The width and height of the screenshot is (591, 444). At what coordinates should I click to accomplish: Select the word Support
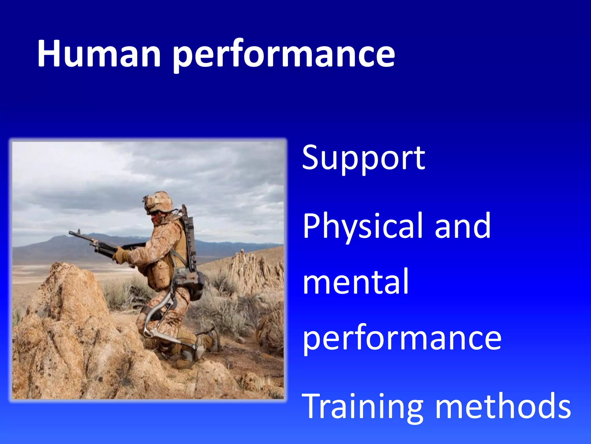point(363,158)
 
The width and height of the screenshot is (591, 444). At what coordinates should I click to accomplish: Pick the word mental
point(356,282)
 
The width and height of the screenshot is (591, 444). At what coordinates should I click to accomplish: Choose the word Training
point(362,407)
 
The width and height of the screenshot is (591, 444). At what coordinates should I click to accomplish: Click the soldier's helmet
point(160,201)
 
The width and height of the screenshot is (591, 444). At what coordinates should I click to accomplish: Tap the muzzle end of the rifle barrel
point(71,232)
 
